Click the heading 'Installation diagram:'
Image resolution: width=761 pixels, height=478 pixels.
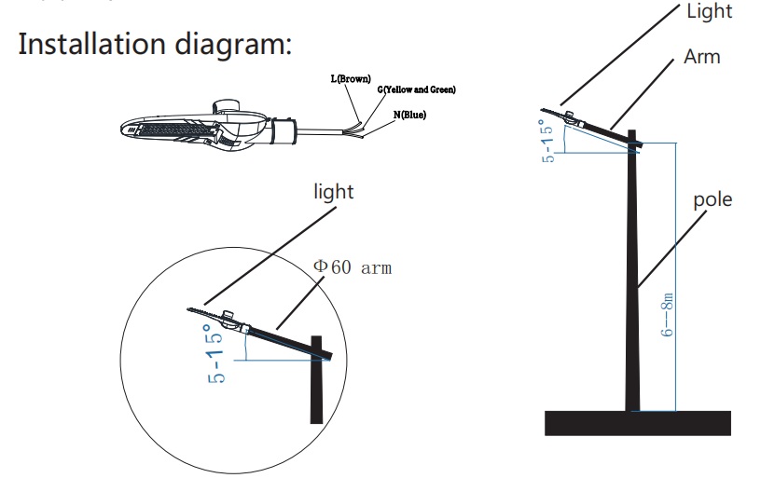pyautogui.click(x=155, y=45)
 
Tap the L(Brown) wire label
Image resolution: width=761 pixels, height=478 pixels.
pyautogui.click(x=351, y=80)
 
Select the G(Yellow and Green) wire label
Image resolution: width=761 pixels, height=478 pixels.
pyautogui.click(x=416, y=90)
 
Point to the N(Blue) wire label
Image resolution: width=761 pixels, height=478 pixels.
pyautogui.click(x=409, y=115)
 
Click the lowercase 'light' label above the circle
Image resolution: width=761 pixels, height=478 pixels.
pyautogui.click(x=333, y=192)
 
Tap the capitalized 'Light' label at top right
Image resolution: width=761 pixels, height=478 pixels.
pyautogui.click(x=709, y=11)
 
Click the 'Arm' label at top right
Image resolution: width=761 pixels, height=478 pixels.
pyautogui.click(x=701, y=57)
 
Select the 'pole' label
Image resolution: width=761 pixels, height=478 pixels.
pyautogui.click(x=713, y=199)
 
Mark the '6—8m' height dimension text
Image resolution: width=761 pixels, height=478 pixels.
pyautogui.click(x=668, y=316)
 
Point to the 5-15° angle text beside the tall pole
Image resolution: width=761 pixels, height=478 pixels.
pyautogui.click(x=549, y=140)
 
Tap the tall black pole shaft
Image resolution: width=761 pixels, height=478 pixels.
pyautogui.click(x=634, y=280)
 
